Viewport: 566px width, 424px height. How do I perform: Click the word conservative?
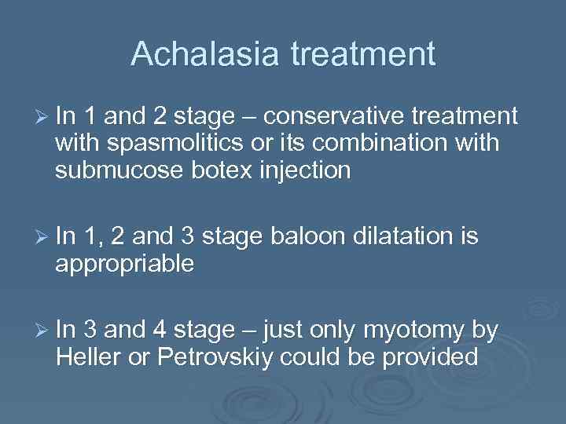(343, 117)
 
